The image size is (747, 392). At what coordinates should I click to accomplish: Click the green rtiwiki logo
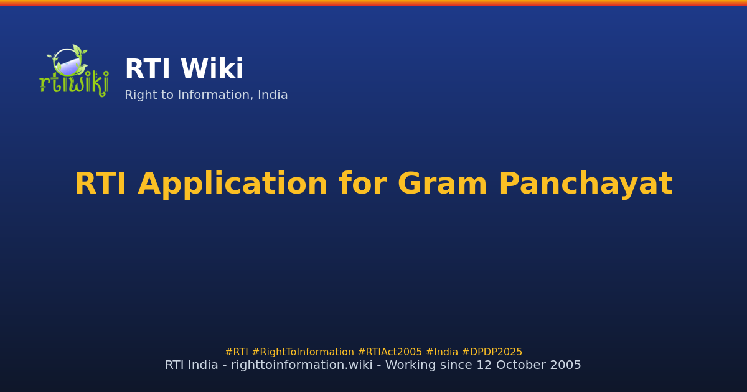73,72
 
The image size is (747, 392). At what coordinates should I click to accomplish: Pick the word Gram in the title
443,185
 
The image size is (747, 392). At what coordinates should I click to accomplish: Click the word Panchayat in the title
585,185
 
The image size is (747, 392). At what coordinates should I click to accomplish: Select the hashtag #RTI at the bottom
237,352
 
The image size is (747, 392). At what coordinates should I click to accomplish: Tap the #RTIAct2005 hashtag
390,352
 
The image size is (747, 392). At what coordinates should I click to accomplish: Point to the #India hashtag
441,352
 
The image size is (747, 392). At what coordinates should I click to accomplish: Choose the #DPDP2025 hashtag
492,352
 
